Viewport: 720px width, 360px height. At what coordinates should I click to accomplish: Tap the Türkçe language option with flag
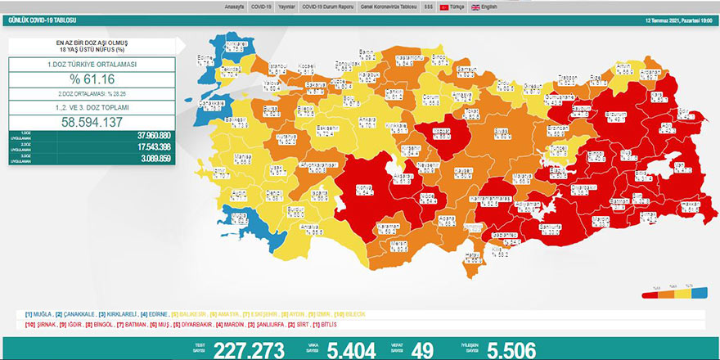pos(452,6)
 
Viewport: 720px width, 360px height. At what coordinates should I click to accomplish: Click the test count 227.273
pos(249,349)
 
